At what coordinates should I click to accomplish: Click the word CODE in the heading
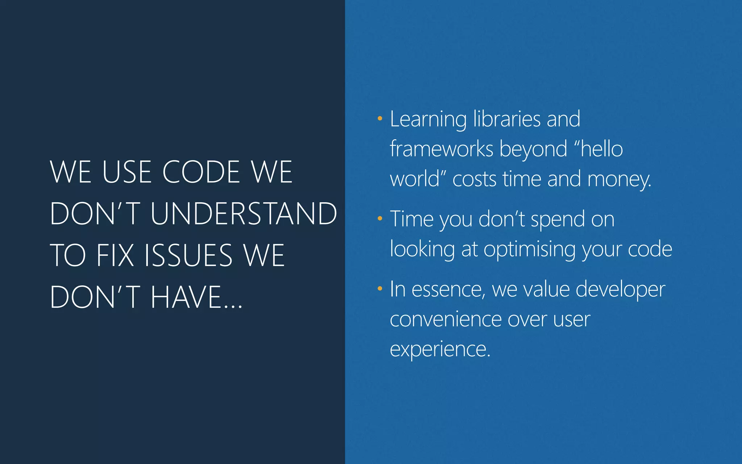(201, 172)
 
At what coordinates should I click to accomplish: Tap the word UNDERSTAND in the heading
(243, 214)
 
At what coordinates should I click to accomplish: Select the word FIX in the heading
(115, 256)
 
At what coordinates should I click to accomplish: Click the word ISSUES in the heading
(188, 256)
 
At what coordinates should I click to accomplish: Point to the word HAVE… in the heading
(196, 297)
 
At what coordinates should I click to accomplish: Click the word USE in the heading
(127, 172)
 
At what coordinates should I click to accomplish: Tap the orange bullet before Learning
(380, 118)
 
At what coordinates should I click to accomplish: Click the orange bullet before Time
(380, 218)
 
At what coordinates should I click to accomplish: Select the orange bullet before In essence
(380, 289)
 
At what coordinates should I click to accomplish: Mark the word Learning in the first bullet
(428, 120)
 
